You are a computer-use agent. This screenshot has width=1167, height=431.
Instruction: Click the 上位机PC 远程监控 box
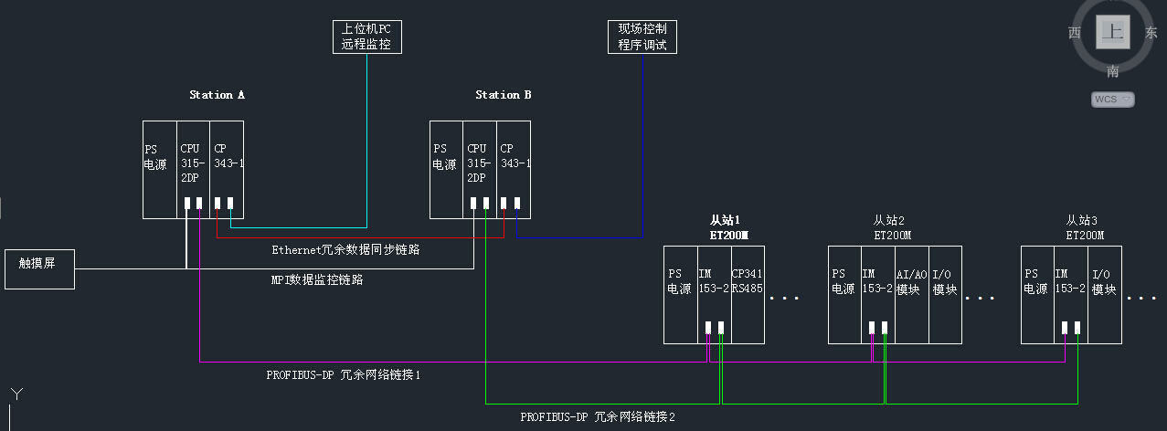(366, 37)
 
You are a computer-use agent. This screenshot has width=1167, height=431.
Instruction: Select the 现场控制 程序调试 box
(642, 37)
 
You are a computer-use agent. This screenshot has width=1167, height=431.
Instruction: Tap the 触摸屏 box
(39, 268)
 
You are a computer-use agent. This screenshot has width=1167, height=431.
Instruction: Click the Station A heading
(217, 95)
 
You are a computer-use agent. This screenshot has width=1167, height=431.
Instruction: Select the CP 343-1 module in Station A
(228, 170)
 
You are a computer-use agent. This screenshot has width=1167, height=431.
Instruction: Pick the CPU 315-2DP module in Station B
(480, 170)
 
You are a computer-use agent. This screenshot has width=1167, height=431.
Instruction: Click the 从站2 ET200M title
(888, 227)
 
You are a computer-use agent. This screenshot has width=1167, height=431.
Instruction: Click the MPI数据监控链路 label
(316, 280)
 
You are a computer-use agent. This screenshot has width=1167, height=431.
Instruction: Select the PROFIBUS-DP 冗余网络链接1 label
(343, 374)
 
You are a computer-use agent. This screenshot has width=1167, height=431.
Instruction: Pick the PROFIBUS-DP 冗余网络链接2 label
(598, 416)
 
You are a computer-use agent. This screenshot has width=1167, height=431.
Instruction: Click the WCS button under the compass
(1113, 99)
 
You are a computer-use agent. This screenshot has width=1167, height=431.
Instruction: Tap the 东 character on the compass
(1151, 33)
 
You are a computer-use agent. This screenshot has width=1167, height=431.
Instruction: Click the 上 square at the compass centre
(1112, 33)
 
